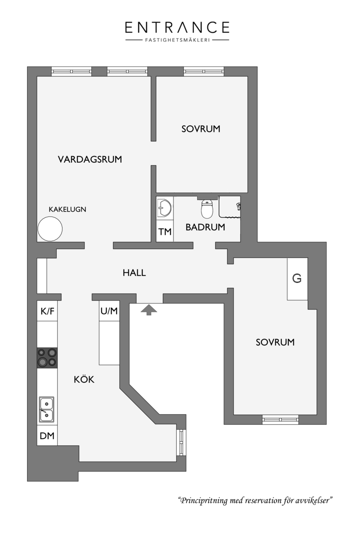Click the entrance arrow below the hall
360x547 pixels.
point(149,309)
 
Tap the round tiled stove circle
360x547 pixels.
point(50,229)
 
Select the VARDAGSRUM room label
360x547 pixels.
point(90,159)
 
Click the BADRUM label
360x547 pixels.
point(205,227)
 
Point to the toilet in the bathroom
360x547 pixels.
point(207,209)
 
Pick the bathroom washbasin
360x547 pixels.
point(164,208)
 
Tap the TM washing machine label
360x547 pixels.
point(165,232)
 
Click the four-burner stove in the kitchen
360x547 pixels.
point(47,358)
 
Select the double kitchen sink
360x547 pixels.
point(47,409)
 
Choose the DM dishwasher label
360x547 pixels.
point(47,436)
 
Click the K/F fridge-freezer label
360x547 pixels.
point(47,311)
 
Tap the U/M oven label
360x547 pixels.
point(109,311)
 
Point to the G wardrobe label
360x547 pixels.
point(297,278)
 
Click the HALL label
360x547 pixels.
point(135,273)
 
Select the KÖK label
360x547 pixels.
point(84,379)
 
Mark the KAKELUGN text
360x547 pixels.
point(67,209)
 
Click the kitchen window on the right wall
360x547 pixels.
point(181,443)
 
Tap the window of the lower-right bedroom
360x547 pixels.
point(280,419)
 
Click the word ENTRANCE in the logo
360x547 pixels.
point(177,27)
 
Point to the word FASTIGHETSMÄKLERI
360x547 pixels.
point(178,40)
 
